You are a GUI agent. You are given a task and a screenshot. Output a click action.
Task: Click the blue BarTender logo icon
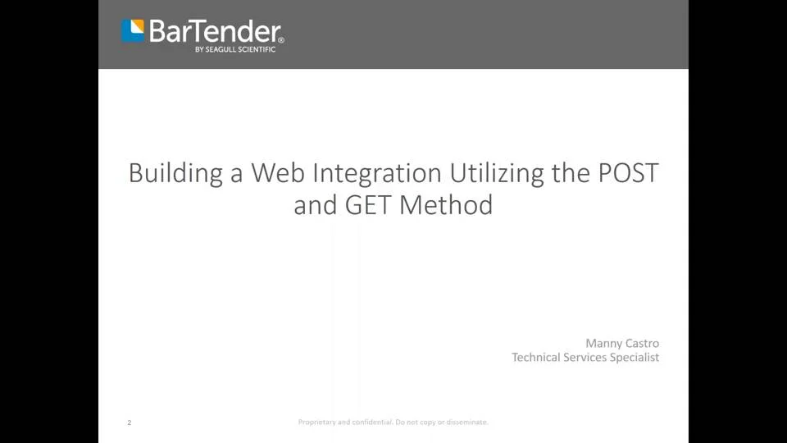coord(133,31)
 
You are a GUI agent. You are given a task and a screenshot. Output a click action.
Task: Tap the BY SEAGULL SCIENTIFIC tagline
coord(235,49)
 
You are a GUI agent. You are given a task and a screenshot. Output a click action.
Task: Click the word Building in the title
coord(175,173)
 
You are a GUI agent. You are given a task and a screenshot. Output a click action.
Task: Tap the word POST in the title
coord(626,173)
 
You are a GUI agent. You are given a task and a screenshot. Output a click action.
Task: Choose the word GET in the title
coord(370,204)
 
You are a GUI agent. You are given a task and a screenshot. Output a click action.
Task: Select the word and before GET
coord(316,204)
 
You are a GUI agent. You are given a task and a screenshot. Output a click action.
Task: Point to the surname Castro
coord(643,343)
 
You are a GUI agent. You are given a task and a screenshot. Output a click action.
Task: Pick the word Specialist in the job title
coord(635,358)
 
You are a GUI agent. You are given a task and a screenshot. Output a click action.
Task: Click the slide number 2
coord(130,422)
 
